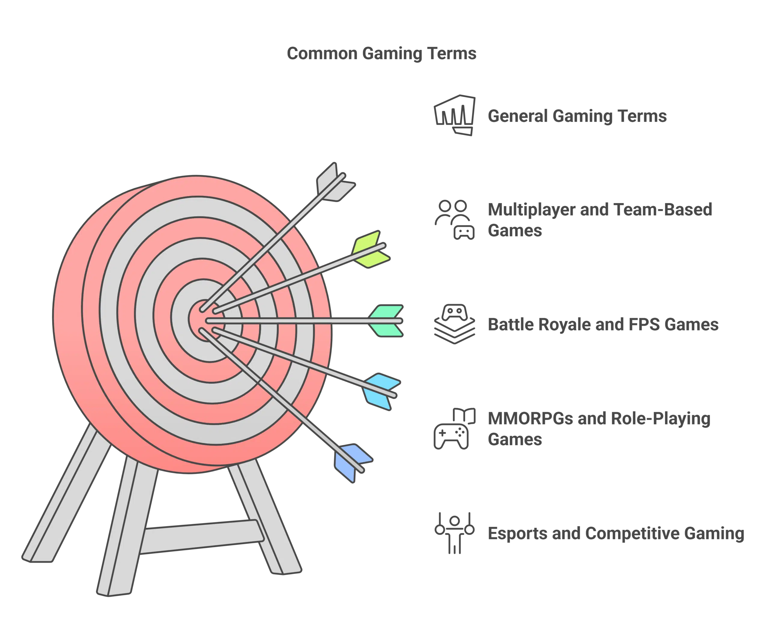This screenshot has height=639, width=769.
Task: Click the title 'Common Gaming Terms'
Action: click(381, 54)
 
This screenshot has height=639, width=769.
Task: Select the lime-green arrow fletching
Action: click(370, 249)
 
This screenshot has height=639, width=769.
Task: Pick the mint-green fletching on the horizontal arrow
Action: click(386, 321)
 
